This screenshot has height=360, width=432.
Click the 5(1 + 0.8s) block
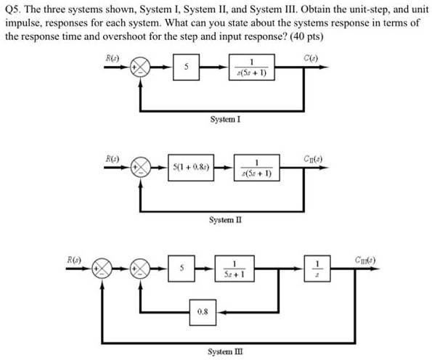point(191,168)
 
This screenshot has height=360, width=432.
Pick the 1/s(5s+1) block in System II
point(256,168)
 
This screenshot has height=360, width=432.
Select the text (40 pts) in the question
point(306,36)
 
